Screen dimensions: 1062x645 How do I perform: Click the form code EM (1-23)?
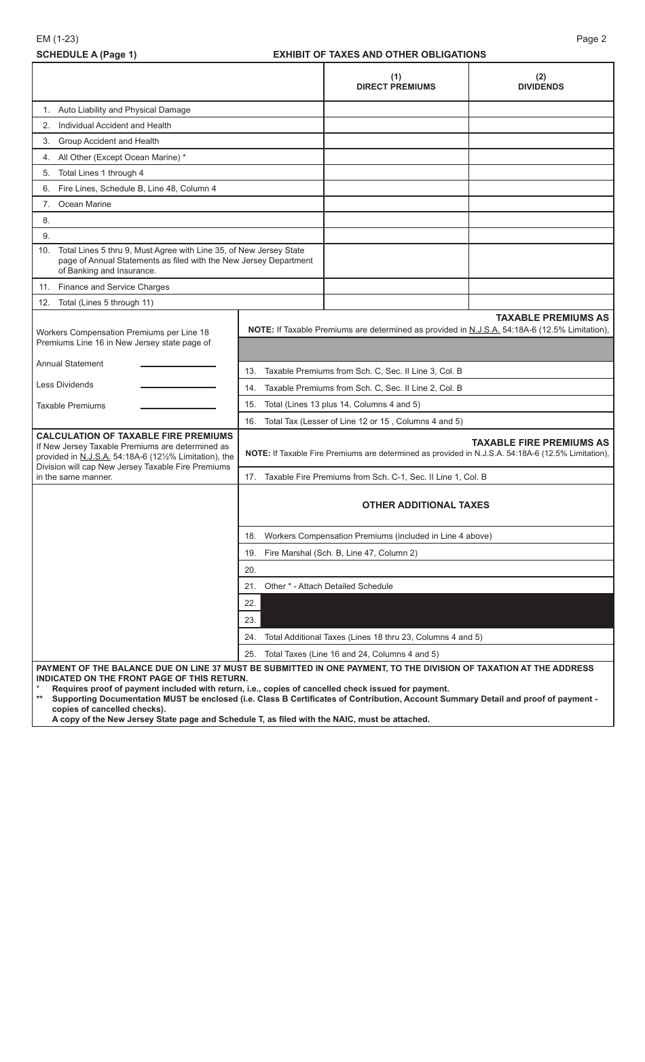pos(58,39)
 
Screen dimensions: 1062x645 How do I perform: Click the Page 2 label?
pos(591,39)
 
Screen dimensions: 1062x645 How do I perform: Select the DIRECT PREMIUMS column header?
pos(396,82)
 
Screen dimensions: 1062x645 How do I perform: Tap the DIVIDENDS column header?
pos(540,82)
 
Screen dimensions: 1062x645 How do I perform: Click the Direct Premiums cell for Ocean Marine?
pos(396,204)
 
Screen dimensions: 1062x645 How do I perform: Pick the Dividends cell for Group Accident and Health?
pos(540,141)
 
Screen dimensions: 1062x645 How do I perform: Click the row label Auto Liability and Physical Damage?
pos(124,110)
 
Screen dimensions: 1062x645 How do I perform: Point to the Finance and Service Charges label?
pos(113,287)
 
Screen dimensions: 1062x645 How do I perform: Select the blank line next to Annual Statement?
pos(178,366)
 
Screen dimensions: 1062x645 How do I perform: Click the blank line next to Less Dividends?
pos(178,387)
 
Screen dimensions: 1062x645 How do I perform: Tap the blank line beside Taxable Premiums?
pos(178,409)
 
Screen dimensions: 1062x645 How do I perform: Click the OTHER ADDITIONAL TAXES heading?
pos(426,505)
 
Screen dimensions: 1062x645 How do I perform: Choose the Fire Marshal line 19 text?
pos(340,553)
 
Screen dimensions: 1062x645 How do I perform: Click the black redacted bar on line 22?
pos(437,603)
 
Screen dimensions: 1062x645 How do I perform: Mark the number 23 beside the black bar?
pos(250,620)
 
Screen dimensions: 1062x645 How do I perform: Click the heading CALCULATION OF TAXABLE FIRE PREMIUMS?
pos(134,436)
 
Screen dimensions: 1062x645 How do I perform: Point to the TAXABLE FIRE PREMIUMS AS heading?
pos(540,442)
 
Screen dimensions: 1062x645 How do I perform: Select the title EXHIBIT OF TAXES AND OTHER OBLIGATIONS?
pos(379,54)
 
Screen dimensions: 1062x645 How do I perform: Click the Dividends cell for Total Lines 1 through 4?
pos(540,173)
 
